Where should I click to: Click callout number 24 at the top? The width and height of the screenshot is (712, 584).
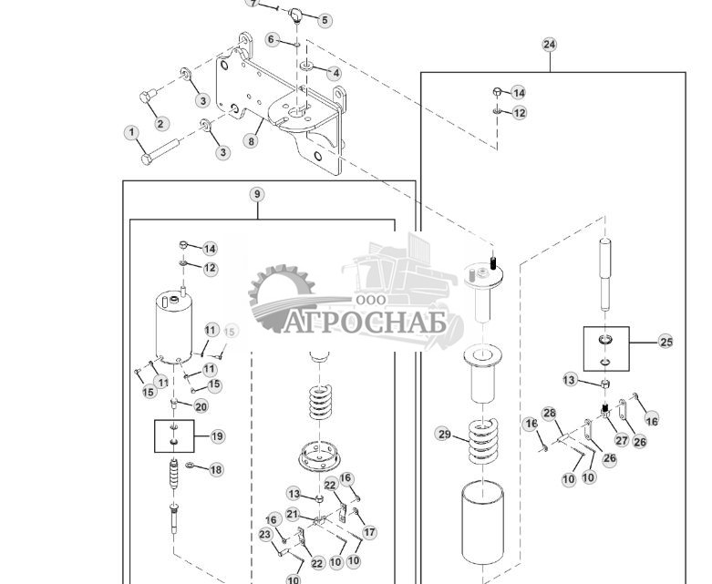pyautogui.click(x=549, y=45)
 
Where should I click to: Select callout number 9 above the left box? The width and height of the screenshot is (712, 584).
pyautogui.click(x=257, y=194)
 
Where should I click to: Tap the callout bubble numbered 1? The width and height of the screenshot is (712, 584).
pyautogui.click(x=132, y=133)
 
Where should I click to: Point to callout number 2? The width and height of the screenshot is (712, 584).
pyautogui.click(x=161, y=124)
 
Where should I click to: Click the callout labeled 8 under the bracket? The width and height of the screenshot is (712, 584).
pyautogui.click(x=253, y=141)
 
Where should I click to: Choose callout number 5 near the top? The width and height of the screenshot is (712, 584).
pyautogui.click(x=325, y=20)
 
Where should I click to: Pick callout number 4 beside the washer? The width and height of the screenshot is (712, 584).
pyautogui.click(x=335, y=73)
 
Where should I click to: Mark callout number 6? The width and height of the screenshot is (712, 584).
pyautogui.click(x=272, y=40)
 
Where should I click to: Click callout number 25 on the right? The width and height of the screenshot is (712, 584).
pyautogui.click(x=666, y=342)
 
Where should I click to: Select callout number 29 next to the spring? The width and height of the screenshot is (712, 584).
pyautogui.click(x=444, y=433)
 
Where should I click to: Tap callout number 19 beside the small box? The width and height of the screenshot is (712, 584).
pyautogui.click(x=217, y=436)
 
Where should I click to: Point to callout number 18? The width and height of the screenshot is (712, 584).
pyautogui.click(x=216, y=470)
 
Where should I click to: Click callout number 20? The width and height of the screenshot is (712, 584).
pyautogui.click(x=201, y=406)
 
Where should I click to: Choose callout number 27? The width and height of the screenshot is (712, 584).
pyautogui.click(x=621, y=440)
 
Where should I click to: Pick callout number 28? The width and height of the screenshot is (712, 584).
pyautogui.click(x=549, y=414)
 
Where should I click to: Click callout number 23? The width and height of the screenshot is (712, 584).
pyautogui.click(x=265, y=535)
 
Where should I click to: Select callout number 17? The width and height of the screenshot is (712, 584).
pyautogui.click(x=369, y=532)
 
